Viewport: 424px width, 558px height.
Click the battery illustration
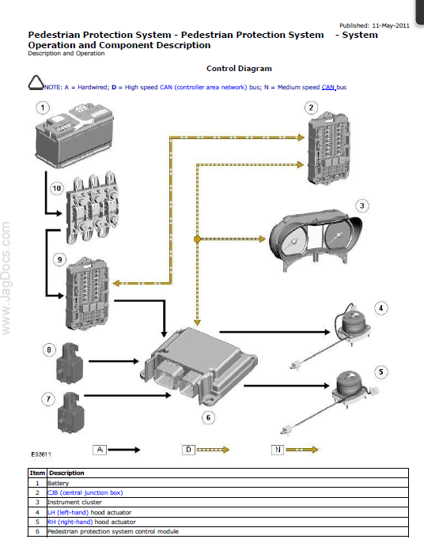(x=74, y=136)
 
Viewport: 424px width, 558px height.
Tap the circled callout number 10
(x=57, y=188)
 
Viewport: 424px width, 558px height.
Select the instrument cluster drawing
(x=315, y=239)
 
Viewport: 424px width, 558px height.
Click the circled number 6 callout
(x=208, y=417)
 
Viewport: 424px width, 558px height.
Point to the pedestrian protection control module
(x=200, y=367)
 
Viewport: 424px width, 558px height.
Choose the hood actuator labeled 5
(x=330, y=402)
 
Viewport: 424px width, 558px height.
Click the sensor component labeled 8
(x=70, y=363)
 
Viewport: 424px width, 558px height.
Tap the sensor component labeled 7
(x=71, y=413)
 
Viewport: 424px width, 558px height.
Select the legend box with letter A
(x=100, y=450)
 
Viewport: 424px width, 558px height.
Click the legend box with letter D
(x=188, y=450)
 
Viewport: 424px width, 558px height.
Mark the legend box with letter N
(x=278, y=450)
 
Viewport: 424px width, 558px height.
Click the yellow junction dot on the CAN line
(x=197, y=239)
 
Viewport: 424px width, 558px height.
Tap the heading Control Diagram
(x=239, y=68)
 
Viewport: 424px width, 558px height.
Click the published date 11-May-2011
(x=391, y=25)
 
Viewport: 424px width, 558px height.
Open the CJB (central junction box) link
(x=85, y=492)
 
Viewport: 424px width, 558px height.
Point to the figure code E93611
(x=41, y=454)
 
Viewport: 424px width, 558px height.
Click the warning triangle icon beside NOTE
(x=36, y=82)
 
